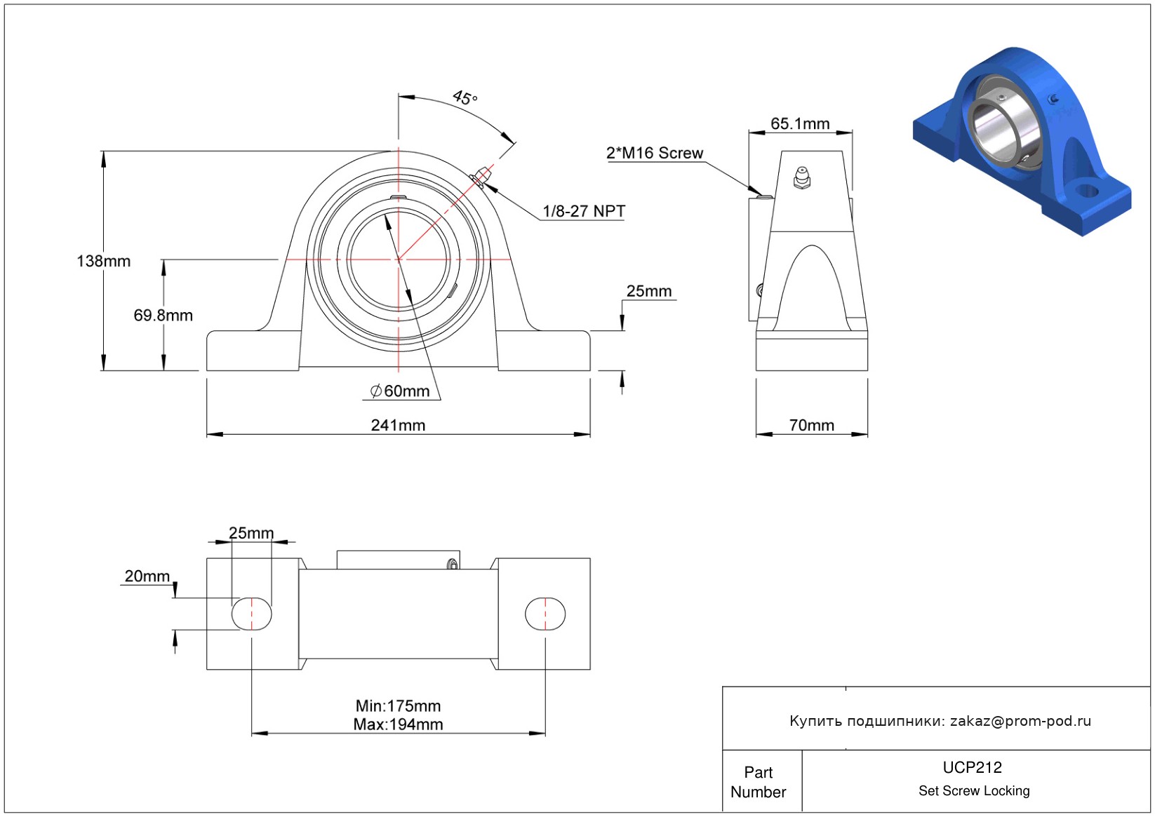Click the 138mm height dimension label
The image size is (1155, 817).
[x=103, y=262]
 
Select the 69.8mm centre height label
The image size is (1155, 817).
[x=163, y=316]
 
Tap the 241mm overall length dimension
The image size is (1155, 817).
[x=398, y=426]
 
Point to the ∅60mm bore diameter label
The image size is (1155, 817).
[x=400, y=391]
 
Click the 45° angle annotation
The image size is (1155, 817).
[x=465, y=97]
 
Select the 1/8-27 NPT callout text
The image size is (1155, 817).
[x=583, y=211]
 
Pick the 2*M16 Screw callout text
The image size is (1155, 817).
[x=654, y=153]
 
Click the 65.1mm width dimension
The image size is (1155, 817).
[x=800, y=124]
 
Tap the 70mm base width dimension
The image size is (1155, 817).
[x=811, y=426]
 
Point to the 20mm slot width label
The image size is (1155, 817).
[x=147, y=576]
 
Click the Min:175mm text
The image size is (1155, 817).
[x=398, y=706]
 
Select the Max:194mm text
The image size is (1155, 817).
[x=398, y=724]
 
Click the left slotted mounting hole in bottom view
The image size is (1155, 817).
[x=251, y=614]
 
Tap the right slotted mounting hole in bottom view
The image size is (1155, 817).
[x=545, y=614]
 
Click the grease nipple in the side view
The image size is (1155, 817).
[x=802, y=178]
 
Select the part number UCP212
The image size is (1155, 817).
[x=972, y=767]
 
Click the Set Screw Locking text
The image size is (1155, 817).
[x=974, y=791]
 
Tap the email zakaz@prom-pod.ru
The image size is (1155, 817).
[x=1020, y=721]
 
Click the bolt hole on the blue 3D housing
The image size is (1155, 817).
[x=1087, y=190]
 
